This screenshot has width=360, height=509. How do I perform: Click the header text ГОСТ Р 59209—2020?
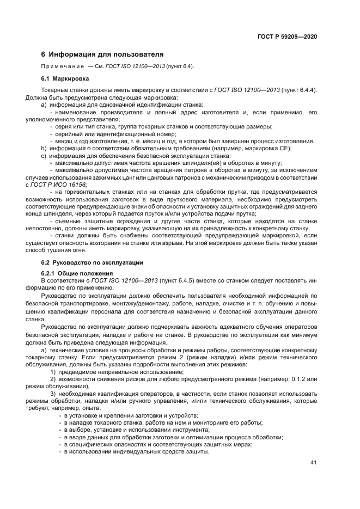click(x=287, y=36)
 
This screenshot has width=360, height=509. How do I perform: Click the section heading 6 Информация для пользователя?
click(x=102, y=54)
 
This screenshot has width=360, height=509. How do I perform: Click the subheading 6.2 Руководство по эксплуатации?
click(x=89, y=262)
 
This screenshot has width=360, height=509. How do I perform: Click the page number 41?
click(x=313, y=463)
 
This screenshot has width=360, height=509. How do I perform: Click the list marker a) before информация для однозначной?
click(x=44, y=105)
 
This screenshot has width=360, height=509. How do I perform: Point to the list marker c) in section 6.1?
click(x=44, y=156)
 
